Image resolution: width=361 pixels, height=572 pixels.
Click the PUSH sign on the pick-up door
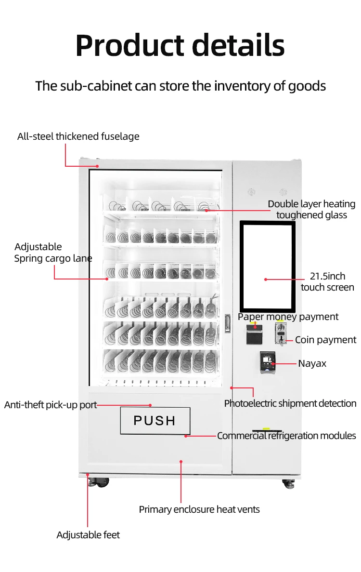155,420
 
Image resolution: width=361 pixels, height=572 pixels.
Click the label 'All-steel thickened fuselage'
78,136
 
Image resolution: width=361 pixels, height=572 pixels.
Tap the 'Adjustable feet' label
88,535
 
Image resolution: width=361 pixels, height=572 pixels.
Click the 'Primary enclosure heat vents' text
199,509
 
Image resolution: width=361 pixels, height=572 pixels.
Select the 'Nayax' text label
312,363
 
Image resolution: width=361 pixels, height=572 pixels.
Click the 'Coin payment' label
325,340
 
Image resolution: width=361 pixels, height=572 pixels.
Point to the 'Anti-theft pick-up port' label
51,405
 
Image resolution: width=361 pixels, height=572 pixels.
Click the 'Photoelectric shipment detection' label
290,403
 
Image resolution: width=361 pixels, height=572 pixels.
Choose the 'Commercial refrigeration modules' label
286,436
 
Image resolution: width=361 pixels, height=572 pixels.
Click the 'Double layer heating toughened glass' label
311,210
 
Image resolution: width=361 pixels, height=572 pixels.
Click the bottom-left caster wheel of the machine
103,482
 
